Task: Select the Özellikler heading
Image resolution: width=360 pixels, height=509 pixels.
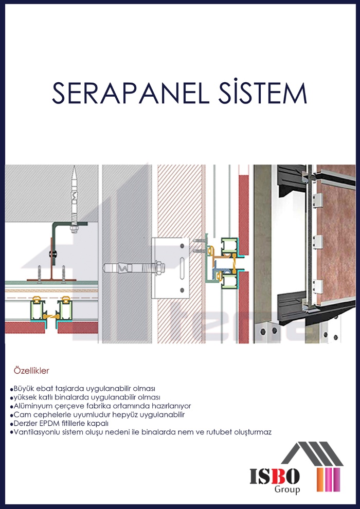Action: (31, 371)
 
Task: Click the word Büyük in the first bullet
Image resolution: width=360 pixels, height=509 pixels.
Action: (23, 389)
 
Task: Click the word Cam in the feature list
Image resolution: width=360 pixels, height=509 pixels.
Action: (20, 415)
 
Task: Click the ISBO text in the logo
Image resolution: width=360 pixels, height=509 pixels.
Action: (275, 477)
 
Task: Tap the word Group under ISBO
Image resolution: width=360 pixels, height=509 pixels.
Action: (287, 489)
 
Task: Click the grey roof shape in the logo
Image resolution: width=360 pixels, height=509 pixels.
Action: (312, 453)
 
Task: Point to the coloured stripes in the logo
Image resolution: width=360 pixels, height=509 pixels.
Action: (328, 480)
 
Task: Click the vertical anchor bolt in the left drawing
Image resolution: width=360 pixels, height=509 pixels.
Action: (75, 199)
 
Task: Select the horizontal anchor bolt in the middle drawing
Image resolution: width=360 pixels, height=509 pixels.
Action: (134, 268)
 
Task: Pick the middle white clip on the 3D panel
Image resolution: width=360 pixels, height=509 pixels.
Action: (318, 242)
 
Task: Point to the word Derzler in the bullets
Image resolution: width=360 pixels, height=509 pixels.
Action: (23, 424)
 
